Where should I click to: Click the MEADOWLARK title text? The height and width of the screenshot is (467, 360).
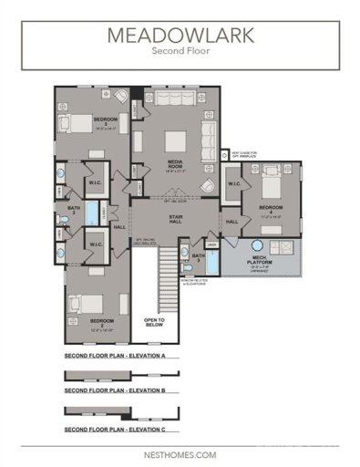point(180,36)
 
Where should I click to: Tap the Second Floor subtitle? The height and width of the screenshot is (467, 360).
point(180,53)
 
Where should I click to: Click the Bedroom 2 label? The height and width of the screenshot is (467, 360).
point(101,322)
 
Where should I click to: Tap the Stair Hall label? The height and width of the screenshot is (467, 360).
point(177,219)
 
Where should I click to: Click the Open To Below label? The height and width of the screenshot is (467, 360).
point(155,322)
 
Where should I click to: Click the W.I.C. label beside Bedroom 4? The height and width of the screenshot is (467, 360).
point(233,183)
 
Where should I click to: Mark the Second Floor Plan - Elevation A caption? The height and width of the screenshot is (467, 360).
point(114,355)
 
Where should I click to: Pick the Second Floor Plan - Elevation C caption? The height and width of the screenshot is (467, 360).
point(114,429)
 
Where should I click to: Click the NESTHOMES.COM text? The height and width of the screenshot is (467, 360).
point(180,453)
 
